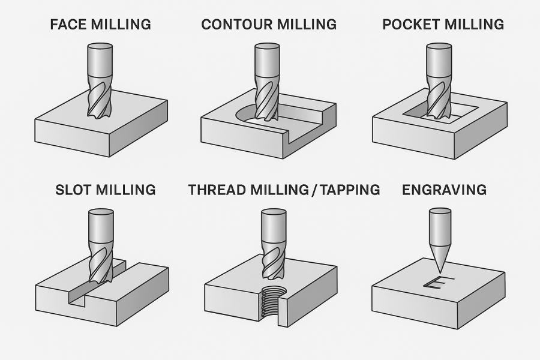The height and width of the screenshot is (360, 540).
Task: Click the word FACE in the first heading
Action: point(68,25)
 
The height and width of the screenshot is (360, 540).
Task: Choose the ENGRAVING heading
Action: point(444,190)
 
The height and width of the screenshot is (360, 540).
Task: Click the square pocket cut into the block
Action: point(443,114)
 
